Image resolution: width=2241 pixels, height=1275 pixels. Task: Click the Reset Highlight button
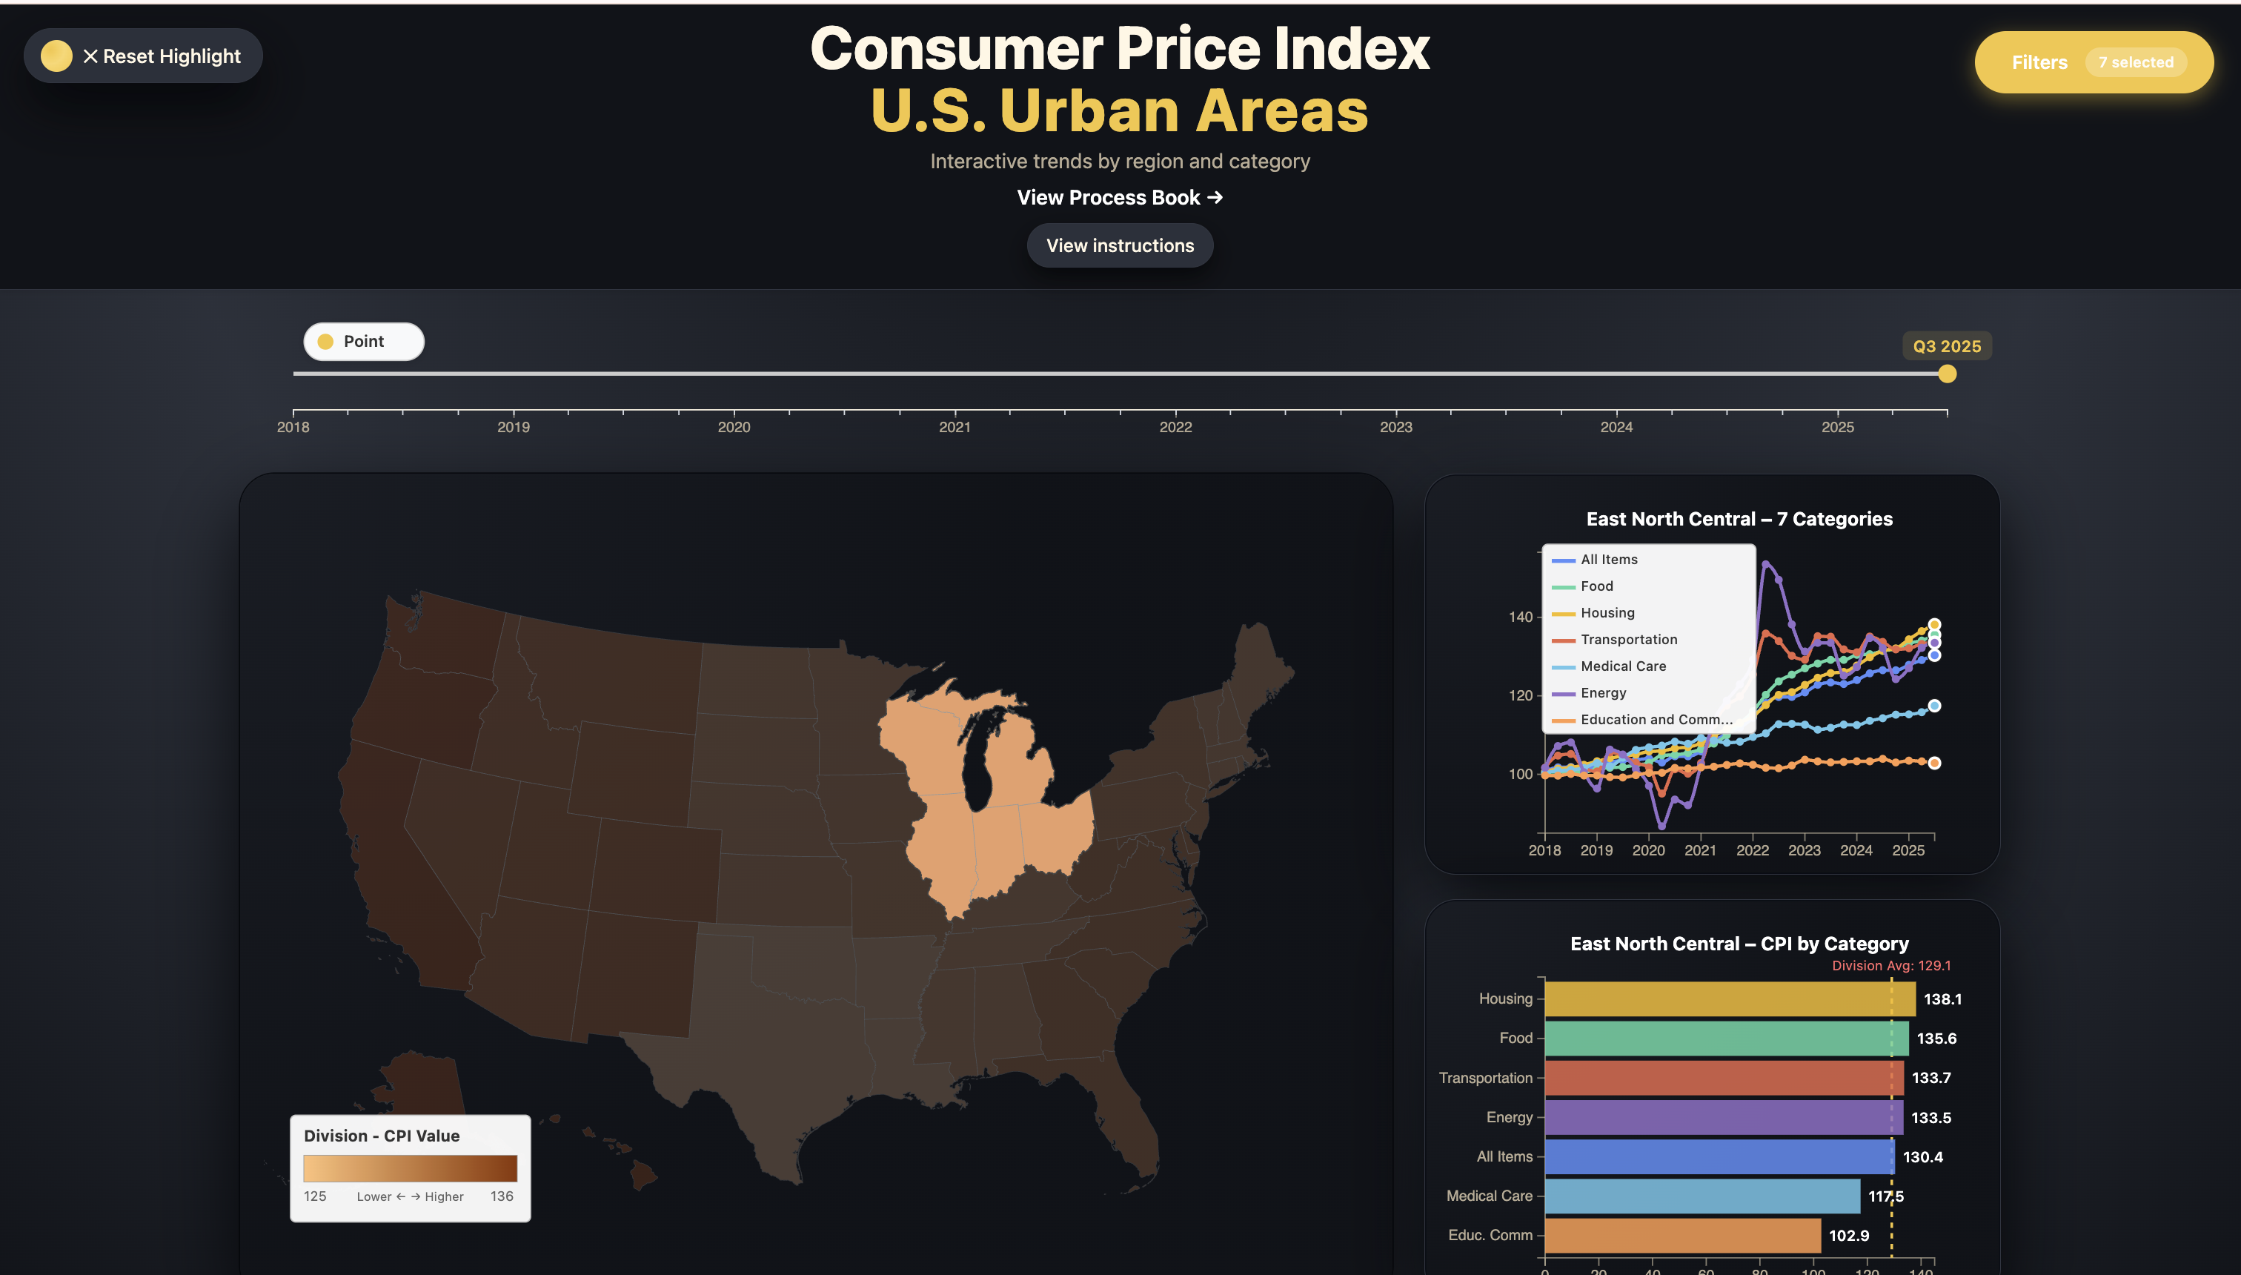coord(144,56)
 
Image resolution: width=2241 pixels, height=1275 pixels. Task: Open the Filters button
coord(2093,62)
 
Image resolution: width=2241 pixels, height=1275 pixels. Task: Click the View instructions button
coord(1120,246)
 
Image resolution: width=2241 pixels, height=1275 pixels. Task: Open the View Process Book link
coord(1120,198)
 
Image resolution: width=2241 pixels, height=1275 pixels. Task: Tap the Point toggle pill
coord(363,342)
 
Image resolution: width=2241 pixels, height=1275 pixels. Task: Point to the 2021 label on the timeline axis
coord(954,427)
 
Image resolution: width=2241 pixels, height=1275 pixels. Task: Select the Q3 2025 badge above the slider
coord(1947,347)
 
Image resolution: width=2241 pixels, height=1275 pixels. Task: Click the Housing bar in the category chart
coord(1729,999)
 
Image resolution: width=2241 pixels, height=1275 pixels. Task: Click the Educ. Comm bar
coord(1681,1236)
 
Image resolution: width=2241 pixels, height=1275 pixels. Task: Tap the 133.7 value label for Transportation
coord(1930,1078)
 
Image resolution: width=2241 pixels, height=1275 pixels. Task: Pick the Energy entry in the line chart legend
coord(1603,692)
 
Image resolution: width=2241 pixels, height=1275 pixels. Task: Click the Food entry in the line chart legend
coord(1596,586)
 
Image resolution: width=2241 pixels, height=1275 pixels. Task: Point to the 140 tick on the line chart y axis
coord(1521,617)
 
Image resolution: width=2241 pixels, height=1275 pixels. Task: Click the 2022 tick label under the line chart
coord(1752,850)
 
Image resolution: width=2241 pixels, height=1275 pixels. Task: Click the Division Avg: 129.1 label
coord(1891,966)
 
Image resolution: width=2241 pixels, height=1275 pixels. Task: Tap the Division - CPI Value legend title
coord(382,1136)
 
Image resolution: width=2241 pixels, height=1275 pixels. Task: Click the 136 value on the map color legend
coord(502,1196)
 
